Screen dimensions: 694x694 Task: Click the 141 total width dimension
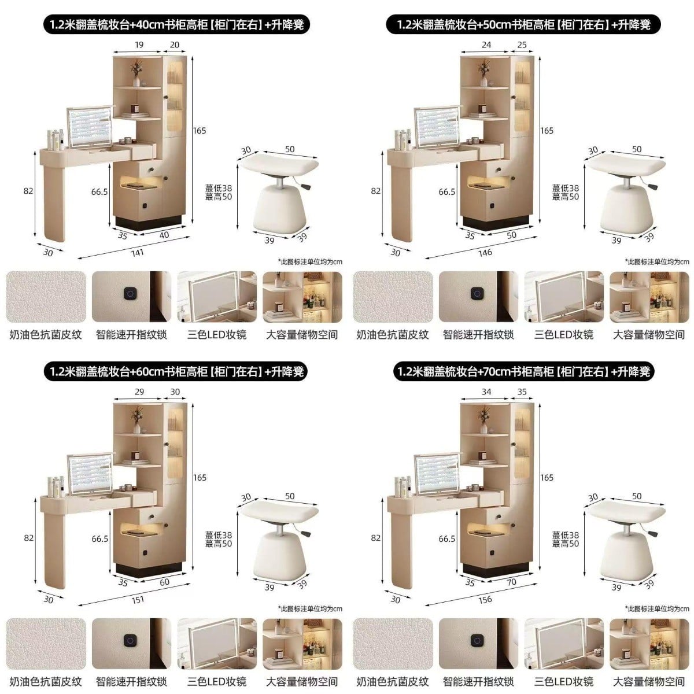point(138,253)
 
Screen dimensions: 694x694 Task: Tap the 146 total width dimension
point(485,253)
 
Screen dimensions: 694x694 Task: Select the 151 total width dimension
point(138,600)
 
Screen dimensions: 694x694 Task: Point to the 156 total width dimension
point(485,600)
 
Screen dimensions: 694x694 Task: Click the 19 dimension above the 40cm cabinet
point(139,45)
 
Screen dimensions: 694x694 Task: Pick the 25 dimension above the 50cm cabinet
point(522,45)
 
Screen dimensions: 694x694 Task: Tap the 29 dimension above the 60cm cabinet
point(139,392)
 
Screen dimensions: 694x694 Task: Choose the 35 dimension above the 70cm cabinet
point(522,392)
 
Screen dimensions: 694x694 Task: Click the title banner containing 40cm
point(176,24)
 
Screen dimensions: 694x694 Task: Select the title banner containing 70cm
point(523,372)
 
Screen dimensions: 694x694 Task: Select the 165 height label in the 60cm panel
point(200,478)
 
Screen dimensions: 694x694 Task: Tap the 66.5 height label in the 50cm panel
point(446,192)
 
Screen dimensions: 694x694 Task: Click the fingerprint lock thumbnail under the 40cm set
point(131,297)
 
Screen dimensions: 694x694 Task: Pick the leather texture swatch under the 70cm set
point(393,644)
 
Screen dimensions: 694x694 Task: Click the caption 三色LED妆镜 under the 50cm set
point(564,335)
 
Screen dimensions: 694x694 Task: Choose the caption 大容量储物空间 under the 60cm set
point(302,682)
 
